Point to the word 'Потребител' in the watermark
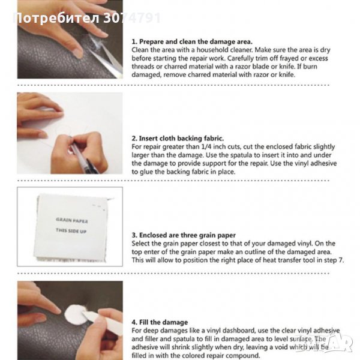click(x=57, y=18)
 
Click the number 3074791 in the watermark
click(x=132, y=18)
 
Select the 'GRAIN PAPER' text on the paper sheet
click(x=71, y=220)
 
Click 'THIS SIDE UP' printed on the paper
click(x=71, y=230)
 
